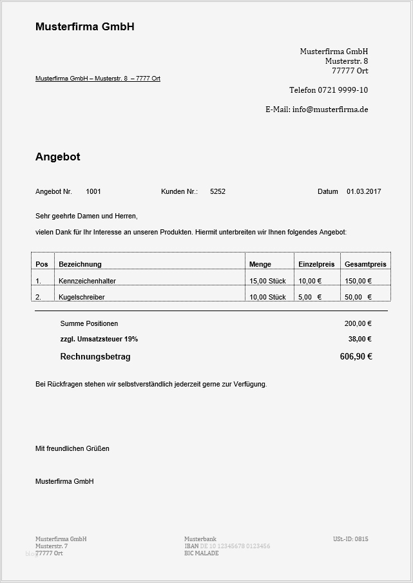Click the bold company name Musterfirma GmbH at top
[x=84, y=27]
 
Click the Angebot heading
[x=58, y=157]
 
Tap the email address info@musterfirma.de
[x=330, y=110]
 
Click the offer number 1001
[x=93, y=192]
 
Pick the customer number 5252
[x=218, y=192]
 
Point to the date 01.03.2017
[x=364, y=192]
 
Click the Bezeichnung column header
[x=80, y=264]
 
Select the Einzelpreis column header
[x=316, y=264]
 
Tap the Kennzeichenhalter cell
[x=87, y=281]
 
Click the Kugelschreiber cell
[x=82, y=297]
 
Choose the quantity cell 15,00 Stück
[x=267, y=281]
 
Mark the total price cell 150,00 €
[x=358, y=281]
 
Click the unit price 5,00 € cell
[x=310, y=297]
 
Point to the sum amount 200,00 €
[x=358, y=323]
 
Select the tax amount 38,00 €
[x=360, y=339]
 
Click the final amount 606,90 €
[x=356, y=357]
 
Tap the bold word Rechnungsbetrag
[x=95, y=357]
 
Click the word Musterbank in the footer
[x=200, y=539]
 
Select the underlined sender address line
[x=98, y=79]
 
